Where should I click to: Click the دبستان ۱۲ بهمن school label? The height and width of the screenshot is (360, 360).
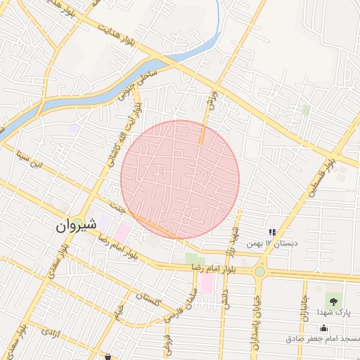[x=271, y=243]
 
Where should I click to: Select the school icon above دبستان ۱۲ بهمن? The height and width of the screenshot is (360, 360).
[x=271, y=232]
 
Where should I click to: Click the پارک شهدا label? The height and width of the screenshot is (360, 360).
[x=333, y=312]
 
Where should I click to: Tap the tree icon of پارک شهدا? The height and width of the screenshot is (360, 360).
[x=333, y=301]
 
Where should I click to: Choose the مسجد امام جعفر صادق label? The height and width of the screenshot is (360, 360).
[x=323, y=339]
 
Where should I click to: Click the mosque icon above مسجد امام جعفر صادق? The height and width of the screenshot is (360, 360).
[x=323, y=328]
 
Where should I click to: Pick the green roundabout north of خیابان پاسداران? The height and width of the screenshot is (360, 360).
[x=260, y=271]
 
